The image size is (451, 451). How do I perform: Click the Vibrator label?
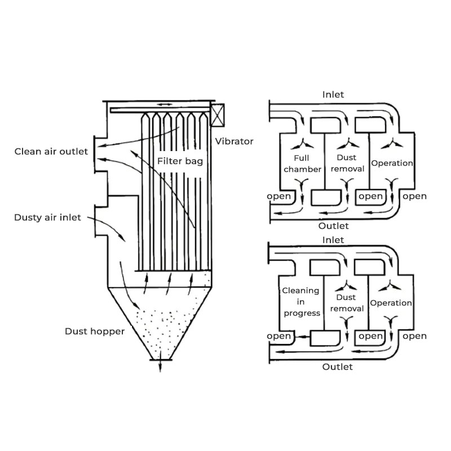235,142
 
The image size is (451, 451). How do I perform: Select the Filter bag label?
180,161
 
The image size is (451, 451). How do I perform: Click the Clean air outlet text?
51,151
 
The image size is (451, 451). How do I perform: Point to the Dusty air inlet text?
48,217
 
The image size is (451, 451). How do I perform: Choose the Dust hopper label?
94,331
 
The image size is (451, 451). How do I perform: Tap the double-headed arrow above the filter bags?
163,104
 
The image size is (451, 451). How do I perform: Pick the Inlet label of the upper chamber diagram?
333,95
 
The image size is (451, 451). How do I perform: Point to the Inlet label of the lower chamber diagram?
333,240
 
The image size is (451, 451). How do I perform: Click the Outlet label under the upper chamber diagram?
334,225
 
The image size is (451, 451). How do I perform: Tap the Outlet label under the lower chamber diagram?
337,366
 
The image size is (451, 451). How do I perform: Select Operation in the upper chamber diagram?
392,163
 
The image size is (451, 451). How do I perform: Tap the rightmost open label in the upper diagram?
415,196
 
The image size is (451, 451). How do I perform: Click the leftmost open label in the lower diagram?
278,336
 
